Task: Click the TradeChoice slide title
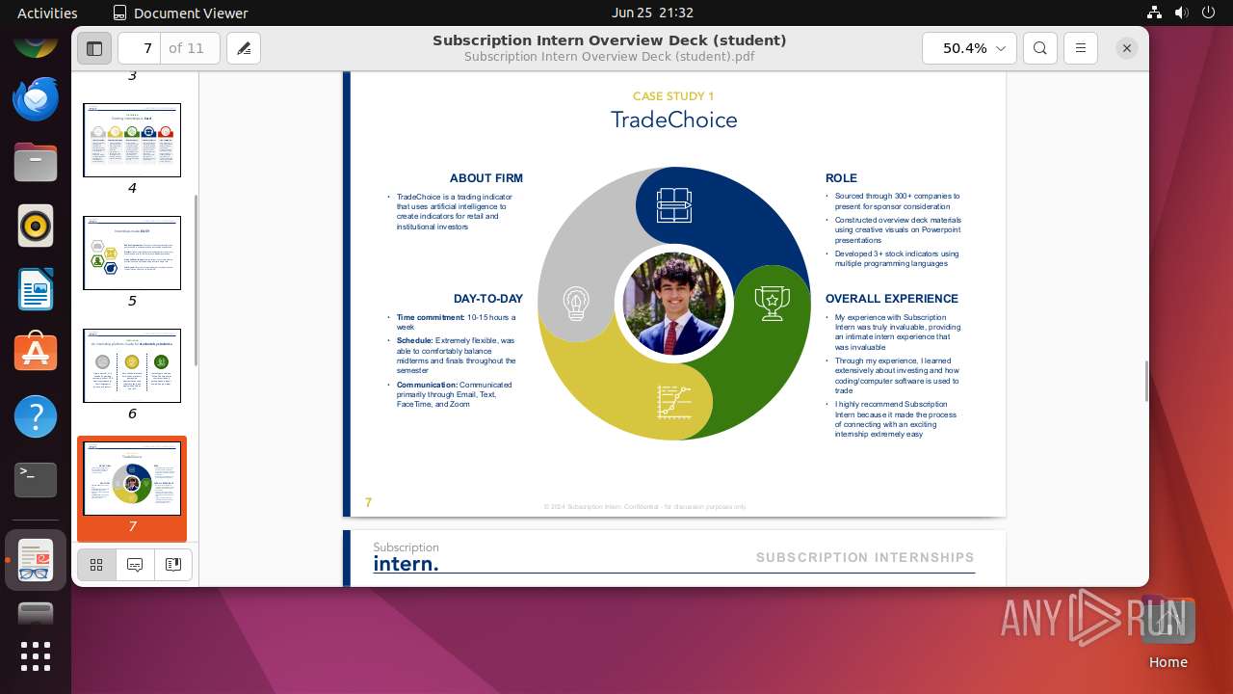click(x=673, y=120)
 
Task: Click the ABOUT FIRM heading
click(x=485, y=178)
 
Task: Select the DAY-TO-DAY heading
click(x=487, y=299)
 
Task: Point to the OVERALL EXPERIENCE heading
click(x=891, y=299)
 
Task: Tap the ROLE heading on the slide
click(x=841, y=178)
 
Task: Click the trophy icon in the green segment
click(x=772, y=303)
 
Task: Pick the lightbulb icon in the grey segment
click(x=576, y=303)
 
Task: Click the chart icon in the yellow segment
click(x=674, y=401)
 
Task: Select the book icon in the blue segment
click(x=674, y=204)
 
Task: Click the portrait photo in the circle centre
click(x=674, y=304)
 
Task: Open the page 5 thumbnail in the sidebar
click(x=132, y=254)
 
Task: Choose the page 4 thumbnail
click(x=132, y=141)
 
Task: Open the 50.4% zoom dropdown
click(x=969, y=48)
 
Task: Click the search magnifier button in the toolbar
click(x=1039, y=48)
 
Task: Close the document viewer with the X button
click(x=1126, y=48)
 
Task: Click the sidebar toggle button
click(x=94, y=48)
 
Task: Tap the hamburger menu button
click(x=1081, y=48)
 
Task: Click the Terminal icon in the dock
click(x=36, y=479)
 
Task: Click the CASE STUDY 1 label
click(x=673, y=96)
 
